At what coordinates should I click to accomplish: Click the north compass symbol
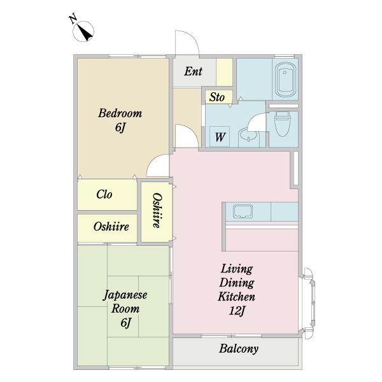click(x=83, y=31)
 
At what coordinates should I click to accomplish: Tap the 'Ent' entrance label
click(x=193, y=71)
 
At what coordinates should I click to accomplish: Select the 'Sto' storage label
click(x=217, y=97)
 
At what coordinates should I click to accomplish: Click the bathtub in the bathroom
click(x=285, y=80)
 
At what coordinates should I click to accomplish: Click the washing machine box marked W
click(x=220, y=137)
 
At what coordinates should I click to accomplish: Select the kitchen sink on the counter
click(x=243, y=211)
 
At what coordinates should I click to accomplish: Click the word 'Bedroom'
click(x=120, y=113)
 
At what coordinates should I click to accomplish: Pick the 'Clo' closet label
click(x=104, y=194)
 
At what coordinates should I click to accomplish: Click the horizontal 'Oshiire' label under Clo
click(x=111, y=227)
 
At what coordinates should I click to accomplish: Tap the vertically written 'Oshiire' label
click(x=157, y=211)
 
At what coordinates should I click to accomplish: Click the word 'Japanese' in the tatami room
click(x=125, y=295)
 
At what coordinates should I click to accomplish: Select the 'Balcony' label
click(x=239, y=349)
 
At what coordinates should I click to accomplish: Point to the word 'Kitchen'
click(x=237, y=297)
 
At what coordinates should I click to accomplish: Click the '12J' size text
click(x=237, y=311)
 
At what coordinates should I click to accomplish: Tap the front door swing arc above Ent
click(x=193, y=36)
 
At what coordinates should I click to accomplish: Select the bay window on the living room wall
click(x=308, y=303)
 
